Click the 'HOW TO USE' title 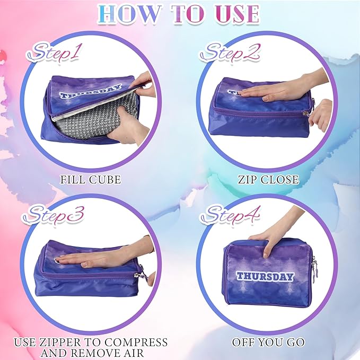(179, 14)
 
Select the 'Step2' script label (230, 52)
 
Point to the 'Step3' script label (53, 215)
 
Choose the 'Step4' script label (230, 215)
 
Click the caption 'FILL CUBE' (91, 180)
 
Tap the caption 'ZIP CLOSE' (268, 180)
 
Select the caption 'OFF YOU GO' (268, 342)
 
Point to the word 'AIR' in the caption (133, 353)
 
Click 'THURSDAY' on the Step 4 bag (265, 277)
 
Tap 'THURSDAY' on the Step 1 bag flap (90, 91)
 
